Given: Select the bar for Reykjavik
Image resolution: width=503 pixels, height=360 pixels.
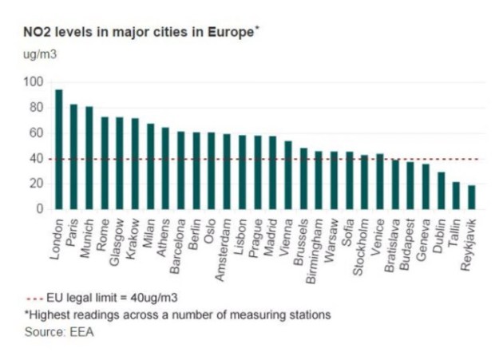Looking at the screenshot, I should point(471,197).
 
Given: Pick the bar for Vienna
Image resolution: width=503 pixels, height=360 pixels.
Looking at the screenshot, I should point(288,175).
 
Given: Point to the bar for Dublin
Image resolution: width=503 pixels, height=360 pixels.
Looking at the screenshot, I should point(441,191).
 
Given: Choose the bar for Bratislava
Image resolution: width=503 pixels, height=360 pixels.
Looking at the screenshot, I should point(395,184).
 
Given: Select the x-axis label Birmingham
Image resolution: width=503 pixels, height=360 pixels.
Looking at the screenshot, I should point(314,247).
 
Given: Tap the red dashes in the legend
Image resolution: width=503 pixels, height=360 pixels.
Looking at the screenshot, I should point(37,298).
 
